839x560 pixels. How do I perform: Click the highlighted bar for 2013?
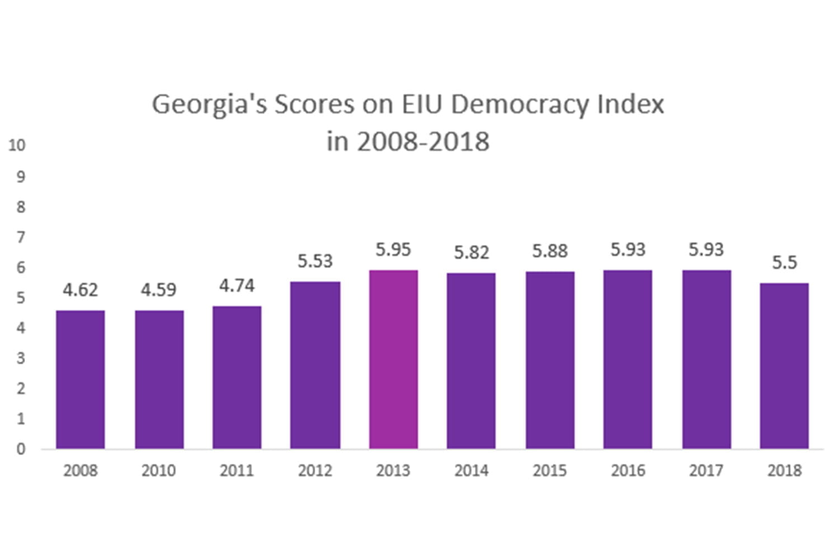click(x=393, y=360)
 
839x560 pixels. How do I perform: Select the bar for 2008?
click(x=81, y=380)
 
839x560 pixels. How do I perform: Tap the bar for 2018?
click(x=784, y=366)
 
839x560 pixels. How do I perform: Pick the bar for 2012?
click(x=315, y=365)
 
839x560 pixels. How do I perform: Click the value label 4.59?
click(x=158, y=290)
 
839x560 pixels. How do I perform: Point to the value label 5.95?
click(x=393, y=250)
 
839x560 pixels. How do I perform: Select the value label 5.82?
click(x=472, y=253)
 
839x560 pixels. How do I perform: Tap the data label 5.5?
click(x=784, y=263)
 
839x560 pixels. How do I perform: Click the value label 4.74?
click(x=237, y=286)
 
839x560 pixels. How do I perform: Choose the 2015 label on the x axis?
click(x=549, y=470)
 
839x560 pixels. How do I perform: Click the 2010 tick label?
click(x=158, y=470)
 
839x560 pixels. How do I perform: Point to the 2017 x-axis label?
click(x=706, y=470)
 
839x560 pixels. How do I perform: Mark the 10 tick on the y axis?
click(x=17, y=146)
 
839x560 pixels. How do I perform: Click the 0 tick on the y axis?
click(x=21, y=449)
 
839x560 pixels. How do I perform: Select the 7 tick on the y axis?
click(x=21, y=237)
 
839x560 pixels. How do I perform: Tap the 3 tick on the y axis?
click(x=21, y=358)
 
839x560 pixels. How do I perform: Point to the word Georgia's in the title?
click(x=210, y=105)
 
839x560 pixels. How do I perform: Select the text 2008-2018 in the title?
click(x=423, y=142)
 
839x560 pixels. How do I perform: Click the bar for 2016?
click(x=628, y=360)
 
